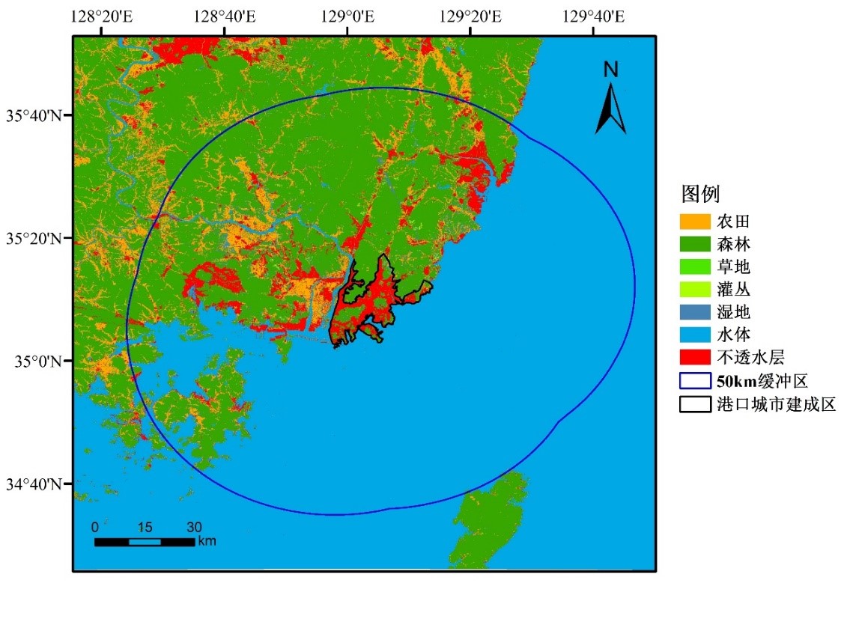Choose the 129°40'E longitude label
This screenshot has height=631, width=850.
point(593,16)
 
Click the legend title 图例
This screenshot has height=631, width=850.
point(700,195)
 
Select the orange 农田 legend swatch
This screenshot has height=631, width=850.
point(694,222)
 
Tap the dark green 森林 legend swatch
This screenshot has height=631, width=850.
point(694,244)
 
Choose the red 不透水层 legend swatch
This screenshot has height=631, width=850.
point(694,356)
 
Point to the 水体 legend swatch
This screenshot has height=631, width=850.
point(694,334)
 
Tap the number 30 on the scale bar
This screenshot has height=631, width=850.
point(194,526)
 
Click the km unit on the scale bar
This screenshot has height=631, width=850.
point(207,541)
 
